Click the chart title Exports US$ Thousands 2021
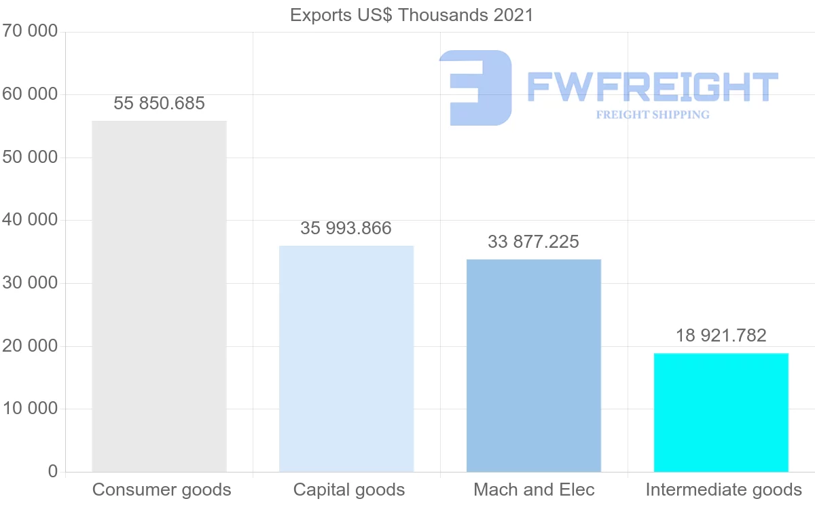(412, 15)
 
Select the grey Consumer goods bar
(159, 296)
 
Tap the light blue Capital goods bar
(346, 358)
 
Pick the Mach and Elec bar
(534, 365)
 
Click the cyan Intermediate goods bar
(721, 412)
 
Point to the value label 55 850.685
(159, 103)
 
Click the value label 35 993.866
(346, 228)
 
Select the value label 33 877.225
(534, 242)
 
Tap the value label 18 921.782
(721, 335)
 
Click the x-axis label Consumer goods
(162, 489)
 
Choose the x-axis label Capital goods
(349, 489)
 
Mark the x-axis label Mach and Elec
(534, 489)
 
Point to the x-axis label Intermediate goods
(723, 489)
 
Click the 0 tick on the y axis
(53, 472)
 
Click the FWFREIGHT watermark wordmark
(652, 87)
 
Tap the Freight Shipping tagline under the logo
(652, 115)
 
